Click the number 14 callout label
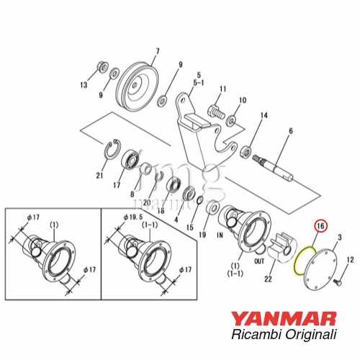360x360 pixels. [264, 116]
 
